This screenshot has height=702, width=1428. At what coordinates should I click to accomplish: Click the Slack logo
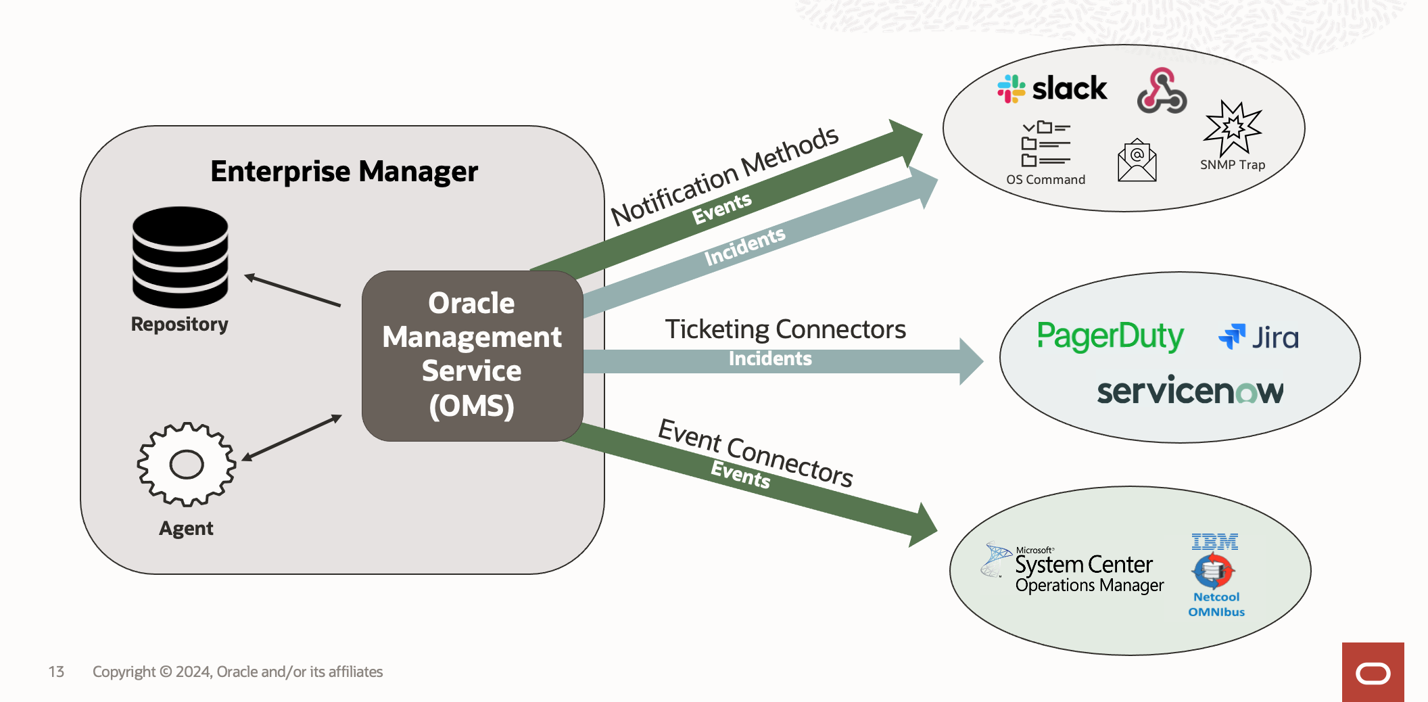pos(1052,89)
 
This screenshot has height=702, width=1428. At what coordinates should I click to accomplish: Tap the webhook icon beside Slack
pos(1162,91)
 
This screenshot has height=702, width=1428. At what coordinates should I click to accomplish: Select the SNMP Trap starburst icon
pos(1233,128)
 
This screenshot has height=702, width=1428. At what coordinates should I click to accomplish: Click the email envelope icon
pos(1137,161)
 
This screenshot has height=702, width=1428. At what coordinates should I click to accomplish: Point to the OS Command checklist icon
pos(1045,144)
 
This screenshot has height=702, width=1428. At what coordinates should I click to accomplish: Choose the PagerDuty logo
pos(1110,336)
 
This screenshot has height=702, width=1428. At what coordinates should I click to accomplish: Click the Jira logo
pos(1258,337)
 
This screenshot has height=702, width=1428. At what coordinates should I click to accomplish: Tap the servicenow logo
pos(1190,391)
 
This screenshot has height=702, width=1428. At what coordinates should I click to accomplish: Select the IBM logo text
pos(1215,542)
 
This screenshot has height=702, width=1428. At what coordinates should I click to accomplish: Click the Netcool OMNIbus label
pos(1216,605)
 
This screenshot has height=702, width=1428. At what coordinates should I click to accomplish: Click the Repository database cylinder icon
pos(180,257)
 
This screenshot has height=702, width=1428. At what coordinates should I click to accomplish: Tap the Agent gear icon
pos(187,465)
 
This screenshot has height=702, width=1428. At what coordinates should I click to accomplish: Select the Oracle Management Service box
pos(472,356)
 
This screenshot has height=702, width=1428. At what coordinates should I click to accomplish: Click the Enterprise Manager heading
pos(344,172)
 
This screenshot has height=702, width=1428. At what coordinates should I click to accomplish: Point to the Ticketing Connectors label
pos(785,329)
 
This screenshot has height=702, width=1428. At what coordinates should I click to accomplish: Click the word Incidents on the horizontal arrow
pos(770,359)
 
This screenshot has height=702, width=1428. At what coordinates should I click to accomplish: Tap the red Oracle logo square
pos(1373,672)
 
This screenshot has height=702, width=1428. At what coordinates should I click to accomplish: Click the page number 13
pos(56,672)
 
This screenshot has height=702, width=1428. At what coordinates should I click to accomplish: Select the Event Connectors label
pos(755,452)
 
